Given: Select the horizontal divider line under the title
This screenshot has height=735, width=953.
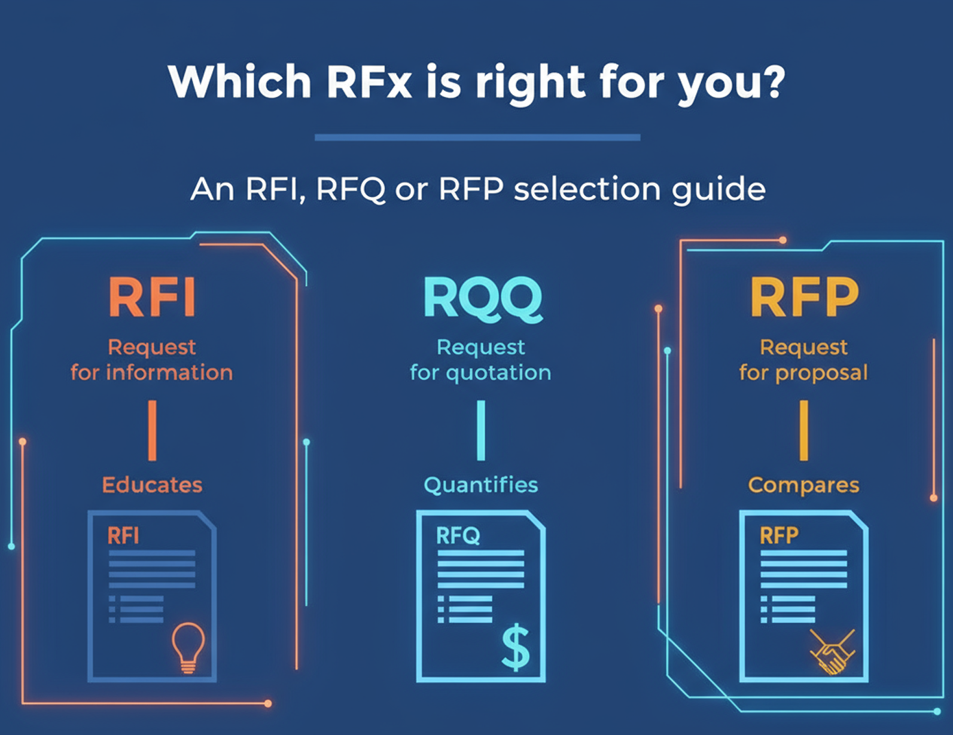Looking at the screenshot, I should [x=477, y=137].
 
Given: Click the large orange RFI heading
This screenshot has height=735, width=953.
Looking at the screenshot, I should [x=152, y=297].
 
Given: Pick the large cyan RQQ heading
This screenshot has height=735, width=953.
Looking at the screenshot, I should [x=482, y=298].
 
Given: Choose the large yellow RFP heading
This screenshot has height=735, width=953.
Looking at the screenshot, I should [x=804, y=297].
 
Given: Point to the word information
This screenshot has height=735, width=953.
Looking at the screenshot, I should [x=169, y=373].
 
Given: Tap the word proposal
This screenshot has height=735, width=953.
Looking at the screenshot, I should [x=821, y=373].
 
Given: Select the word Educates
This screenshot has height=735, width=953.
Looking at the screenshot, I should [x=152, y=485].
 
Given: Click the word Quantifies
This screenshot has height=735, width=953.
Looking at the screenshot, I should [x=481, y=485].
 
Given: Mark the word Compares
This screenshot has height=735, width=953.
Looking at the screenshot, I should [x=803, y=485].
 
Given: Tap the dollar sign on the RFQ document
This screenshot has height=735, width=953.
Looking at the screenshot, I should [x=516, y=648].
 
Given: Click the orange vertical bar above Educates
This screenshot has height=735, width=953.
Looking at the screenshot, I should [x=152, y=430].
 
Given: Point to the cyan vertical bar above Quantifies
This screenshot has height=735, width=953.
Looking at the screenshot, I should [x=481, y=430].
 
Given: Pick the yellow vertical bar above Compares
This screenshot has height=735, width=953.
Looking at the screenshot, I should [x=803, y=430].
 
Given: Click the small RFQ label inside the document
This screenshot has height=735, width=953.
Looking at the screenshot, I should [x=458, y=535].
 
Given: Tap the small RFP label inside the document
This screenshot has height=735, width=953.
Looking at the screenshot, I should [x=779, y=535].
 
